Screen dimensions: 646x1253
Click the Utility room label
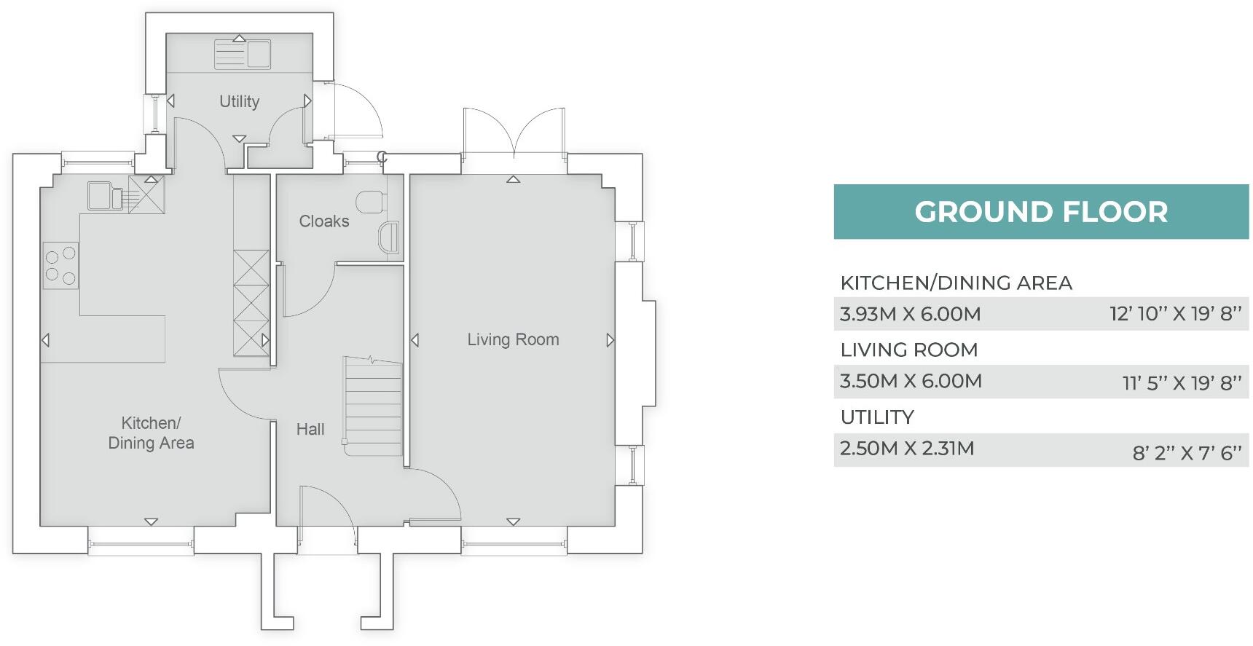239,101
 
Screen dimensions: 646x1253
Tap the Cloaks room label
323,221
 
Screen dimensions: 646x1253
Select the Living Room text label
513,339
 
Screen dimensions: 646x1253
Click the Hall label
310,429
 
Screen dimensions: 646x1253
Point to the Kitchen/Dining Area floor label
151,433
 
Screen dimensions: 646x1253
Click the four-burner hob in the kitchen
60,265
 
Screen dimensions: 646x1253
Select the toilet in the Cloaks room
371,200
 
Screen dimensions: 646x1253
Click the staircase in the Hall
373,406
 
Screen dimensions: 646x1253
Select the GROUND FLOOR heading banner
1040,212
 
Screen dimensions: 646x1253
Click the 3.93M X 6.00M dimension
910,314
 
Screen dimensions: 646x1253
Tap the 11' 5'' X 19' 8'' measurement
1181,382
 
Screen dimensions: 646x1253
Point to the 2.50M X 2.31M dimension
906,448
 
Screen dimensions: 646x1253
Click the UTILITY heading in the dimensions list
876,417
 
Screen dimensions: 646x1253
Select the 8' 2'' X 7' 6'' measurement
1186,453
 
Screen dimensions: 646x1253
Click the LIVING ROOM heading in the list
908,350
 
